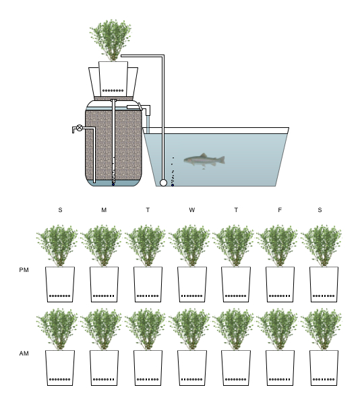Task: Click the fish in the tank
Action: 204,161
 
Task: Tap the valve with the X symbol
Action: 80,127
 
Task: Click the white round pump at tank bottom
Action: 163,182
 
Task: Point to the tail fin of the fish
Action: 221,160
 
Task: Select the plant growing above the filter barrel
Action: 111,40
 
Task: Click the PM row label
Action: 24,270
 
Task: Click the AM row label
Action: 24,353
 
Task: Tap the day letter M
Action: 104,210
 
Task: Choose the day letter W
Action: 191,210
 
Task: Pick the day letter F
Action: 280,210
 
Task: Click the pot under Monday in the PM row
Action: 104,284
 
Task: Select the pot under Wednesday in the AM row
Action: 192,368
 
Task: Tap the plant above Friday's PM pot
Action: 277,245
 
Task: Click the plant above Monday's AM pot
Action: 101,329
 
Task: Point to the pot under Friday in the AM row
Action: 280,368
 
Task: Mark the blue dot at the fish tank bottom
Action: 173,185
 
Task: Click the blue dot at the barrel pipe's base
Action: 113,184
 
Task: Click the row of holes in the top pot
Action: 113,90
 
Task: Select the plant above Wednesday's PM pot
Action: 189,245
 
